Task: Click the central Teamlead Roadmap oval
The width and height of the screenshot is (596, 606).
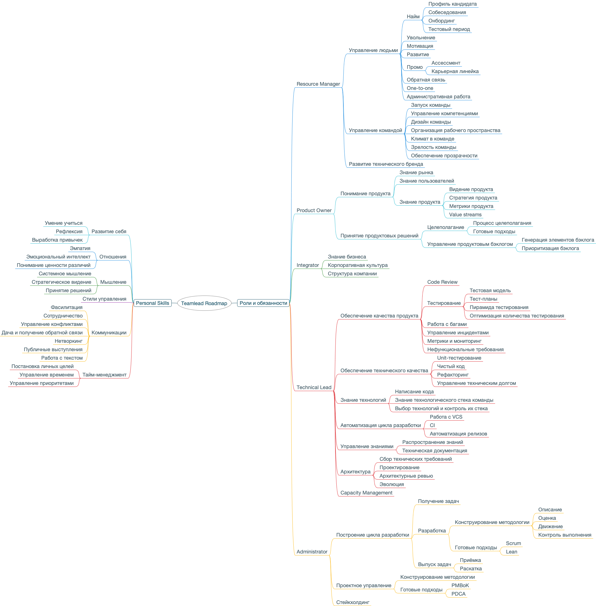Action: [204, 303]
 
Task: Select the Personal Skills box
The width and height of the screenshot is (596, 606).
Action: [153, 303]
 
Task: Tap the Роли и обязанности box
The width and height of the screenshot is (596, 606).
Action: [263, 303]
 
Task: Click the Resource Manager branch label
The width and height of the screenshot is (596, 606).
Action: [318, 84]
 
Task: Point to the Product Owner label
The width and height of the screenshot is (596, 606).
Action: [314, 210]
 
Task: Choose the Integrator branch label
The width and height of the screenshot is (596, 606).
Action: [308, 265]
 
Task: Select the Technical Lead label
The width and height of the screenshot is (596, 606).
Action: [314, 387]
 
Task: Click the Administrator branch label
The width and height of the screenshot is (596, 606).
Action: [312, 551]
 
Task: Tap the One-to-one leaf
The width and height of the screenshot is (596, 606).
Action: [420, 88]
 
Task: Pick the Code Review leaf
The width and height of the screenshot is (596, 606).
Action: [442, 282]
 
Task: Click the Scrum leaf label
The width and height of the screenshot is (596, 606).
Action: [513, 543]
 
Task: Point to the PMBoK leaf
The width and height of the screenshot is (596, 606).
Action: [460, 585]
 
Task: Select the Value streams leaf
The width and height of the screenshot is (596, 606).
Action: [465, 215]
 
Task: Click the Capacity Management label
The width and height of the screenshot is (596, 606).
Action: [366, 493]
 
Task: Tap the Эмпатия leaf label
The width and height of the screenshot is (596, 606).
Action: [80, 248]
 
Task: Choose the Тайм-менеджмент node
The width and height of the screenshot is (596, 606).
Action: [104, 375]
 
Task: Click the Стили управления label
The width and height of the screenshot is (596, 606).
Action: [104, 299]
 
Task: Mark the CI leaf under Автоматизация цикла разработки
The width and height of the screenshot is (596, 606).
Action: [432, 425]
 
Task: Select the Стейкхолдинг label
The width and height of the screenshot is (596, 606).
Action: [352, 602]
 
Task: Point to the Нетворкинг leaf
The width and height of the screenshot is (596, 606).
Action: [69, 341]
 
